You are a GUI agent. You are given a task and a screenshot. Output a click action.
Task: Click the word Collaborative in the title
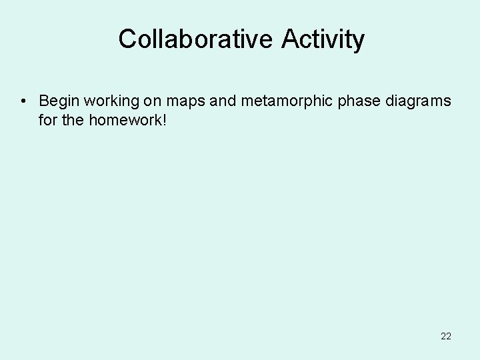196,39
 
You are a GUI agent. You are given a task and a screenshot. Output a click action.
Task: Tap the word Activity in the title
323,40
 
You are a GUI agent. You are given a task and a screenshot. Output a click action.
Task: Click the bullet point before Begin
23,101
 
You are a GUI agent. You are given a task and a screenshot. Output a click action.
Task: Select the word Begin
58,102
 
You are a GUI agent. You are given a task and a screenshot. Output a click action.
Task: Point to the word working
110,102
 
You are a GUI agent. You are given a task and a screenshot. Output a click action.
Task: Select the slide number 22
446,337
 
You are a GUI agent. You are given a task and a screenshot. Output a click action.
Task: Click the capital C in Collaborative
127,39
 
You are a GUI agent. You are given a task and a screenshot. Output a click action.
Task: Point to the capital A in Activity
291,39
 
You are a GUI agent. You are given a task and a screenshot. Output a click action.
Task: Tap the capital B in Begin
44,101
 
